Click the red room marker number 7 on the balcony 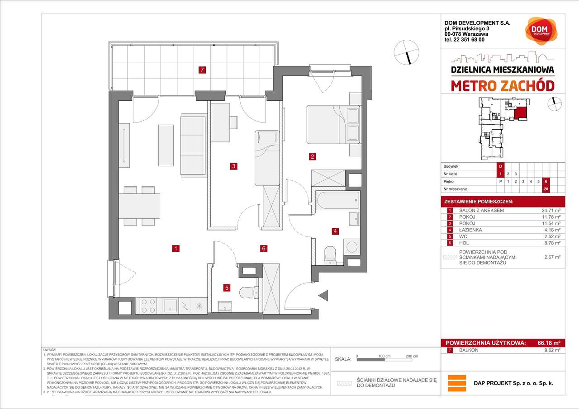click(202, 70)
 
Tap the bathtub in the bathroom click(337, 201)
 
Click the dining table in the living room click(139, 206)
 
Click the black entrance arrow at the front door click(324, 296)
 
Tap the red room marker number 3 click(233, 166)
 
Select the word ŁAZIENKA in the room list click(470, 230)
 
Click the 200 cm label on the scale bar click(412, 356)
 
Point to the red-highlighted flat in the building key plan click(521, 113)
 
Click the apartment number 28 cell click(546, 189)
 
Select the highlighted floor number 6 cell click(546, 181)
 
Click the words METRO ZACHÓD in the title click(502, 85)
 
